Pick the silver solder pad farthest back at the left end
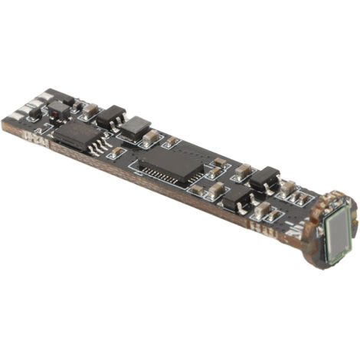[x=47, y=95]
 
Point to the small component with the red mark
[x=59, y=108]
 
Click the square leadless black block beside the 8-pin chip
[x=136, y=126]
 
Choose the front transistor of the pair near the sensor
[x=236, y=198]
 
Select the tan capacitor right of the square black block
[x=152, y=137]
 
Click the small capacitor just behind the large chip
[x=171, y=142]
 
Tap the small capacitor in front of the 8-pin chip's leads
[x=117, y=153]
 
